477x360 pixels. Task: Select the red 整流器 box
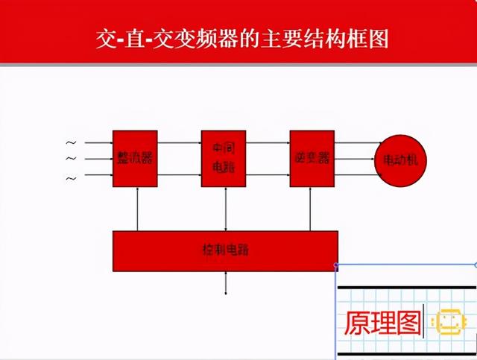pos(135,158)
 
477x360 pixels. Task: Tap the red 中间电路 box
pos(224,158)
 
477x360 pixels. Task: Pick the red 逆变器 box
pos(312,158)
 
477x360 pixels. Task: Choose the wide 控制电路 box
pos(224,250)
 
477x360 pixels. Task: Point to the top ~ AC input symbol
pos(72,142)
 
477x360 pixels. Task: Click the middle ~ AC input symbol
pos(72,159)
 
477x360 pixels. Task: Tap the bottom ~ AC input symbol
pos(72,178)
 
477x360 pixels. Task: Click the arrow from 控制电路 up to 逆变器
pos(312,209)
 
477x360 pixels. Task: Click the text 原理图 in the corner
pos(382,322)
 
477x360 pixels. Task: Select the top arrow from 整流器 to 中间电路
pos(179,142)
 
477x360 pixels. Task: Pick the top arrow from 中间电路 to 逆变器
pos(268,142)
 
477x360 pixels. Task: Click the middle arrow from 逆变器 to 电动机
pos(355,159)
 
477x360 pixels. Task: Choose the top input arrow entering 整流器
pos(98,142)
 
